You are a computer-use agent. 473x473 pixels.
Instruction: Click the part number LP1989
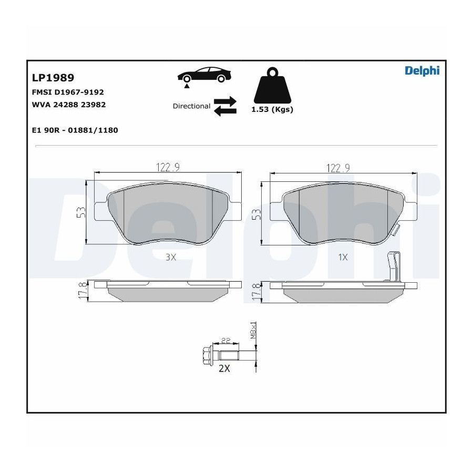click(53, 78)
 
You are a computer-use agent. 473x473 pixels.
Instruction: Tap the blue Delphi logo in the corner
click(422, 70)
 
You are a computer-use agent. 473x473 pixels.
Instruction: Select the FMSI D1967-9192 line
click(68, 92)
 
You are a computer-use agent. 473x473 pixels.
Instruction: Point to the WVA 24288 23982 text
click(69, 105)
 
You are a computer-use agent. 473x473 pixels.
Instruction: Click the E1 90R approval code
click(75, 130)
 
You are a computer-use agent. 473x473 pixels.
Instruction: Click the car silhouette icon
click(204, 75)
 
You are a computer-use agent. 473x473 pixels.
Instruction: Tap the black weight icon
click(272, 86)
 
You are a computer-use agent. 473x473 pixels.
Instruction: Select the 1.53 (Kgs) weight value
click(272, 109)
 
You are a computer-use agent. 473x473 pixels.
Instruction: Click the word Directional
click(191, 106)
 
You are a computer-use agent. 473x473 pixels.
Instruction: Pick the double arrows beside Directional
click(225, 106)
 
